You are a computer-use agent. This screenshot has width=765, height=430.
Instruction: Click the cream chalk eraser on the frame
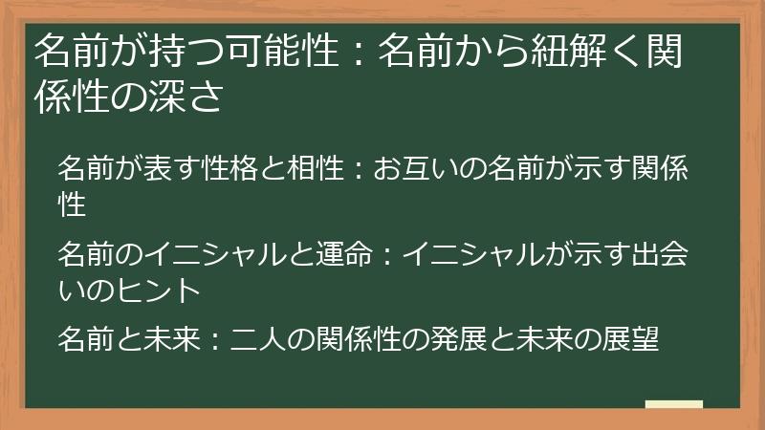674,404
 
